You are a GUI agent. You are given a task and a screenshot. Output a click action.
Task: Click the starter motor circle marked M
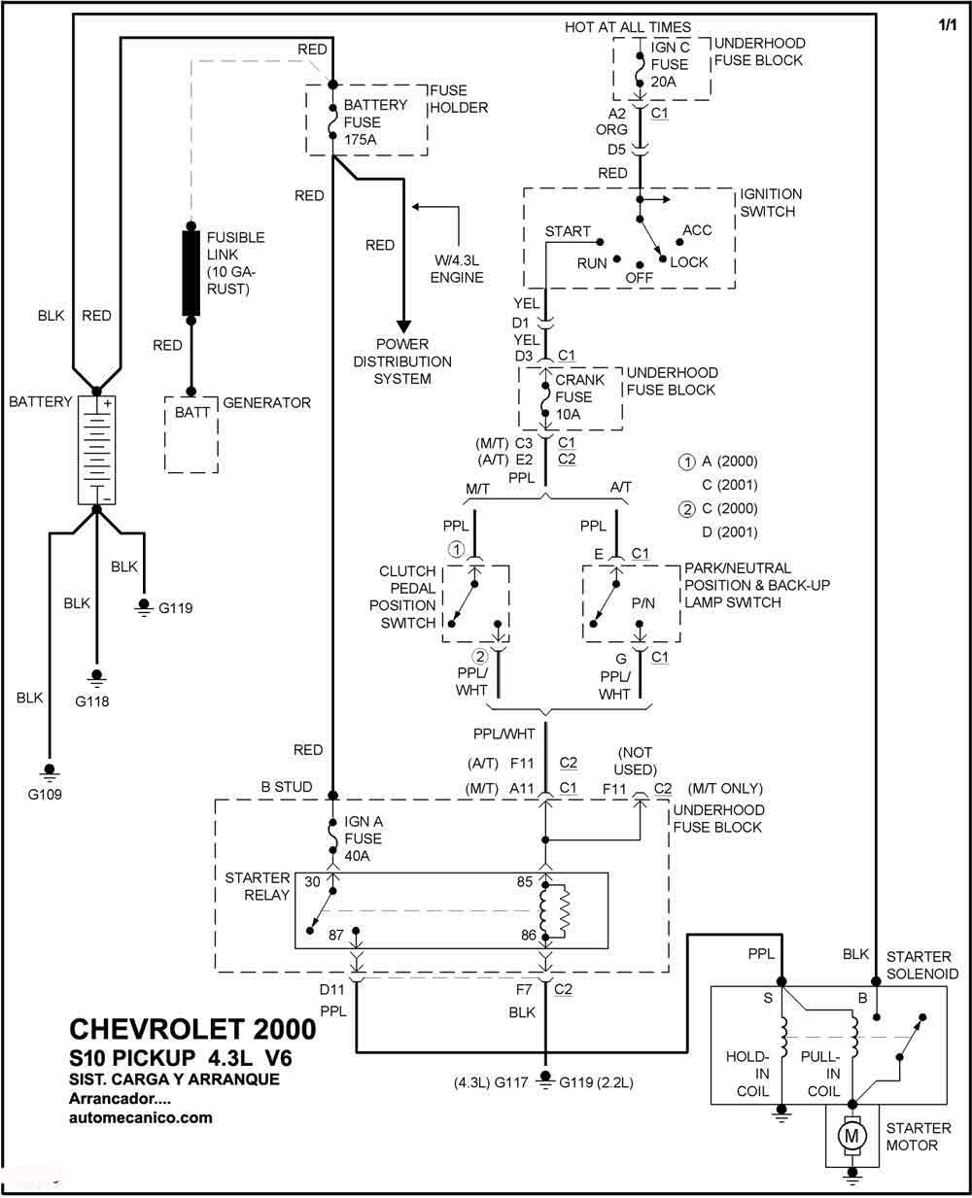click(851, 1135)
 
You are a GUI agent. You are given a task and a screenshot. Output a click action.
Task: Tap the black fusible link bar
click(191, 273)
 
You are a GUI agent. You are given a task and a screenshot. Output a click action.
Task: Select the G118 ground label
click(91, 702)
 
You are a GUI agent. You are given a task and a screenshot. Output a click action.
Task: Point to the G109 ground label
click(45, 794)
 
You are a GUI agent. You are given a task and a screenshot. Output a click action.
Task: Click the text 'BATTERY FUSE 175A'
click(375, 122)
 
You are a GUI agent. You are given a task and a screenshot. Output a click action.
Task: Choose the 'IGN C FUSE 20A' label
click(670, 64)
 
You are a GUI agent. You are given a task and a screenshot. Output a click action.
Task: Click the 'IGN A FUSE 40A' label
click(364, 839)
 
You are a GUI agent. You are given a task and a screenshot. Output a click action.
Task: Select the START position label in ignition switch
click(568, 231)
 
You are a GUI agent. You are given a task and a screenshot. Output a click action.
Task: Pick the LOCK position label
click(689, 262)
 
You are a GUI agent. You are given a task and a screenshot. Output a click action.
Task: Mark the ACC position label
click(697, 230)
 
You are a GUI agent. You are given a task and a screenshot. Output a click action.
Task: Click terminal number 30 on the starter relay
click(312, 881)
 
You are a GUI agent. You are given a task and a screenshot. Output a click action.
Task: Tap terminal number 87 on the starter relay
click(335, 935)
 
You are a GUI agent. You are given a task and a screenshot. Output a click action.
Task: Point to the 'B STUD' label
click(287, 787)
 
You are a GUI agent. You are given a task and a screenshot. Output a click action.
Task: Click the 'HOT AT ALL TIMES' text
click(628, 27)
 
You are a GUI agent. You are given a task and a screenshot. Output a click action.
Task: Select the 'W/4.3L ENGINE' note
click(457, 269)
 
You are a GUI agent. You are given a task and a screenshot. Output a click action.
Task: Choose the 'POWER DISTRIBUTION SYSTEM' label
click(402, 361)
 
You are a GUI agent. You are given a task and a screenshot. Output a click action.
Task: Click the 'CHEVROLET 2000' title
click(192, 1030)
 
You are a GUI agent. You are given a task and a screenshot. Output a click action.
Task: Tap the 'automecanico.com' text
click(141, 1117)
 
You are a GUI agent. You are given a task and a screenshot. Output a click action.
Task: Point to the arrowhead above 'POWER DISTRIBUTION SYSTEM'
click(403, 326)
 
